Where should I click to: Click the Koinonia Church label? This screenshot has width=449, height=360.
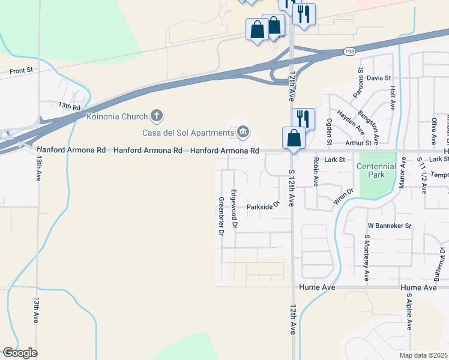(117, 115)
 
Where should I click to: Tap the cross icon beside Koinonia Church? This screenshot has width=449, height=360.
(157, 115)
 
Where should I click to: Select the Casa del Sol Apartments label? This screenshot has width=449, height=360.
(187, 132)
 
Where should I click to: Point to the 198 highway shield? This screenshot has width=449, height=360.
(349, 52)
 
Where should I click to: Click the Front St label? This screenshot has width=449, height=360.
(21, 71)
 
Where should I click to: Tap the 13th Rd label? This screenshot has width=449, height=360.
(69, 106)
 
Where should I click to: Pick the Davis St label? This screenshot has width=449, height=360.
(379, 78)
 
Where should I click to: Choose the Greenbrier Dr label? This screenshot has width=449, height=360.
(221, 216)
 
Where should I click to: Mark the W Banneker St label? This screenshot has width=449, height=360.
(389, 226)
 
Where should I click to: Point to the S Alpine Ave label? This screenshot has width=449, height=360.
(409, 312)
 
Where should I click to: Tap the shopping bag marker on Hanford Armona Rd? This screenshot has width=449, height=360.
(294, 139)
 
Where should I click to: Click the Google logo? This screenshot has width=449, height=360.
(19, 353)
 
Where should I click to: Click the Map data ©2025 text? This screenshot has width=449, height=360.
(424, 355)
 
